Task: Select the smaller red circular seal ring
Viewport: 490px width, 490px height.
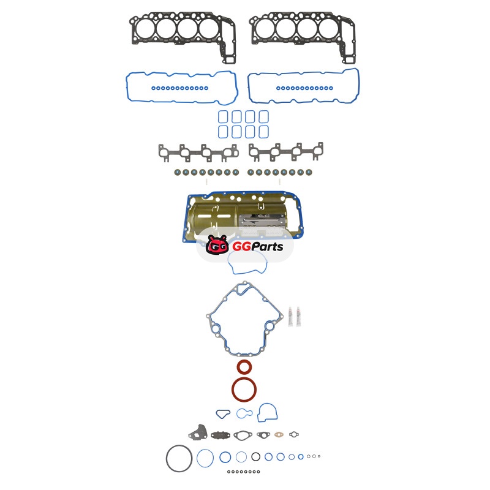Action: [244, 367]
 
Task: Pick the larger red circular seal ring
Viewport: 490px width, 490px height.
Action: [244, 390]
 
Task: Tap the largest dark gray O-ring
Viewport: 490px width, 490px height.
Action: [179, 458]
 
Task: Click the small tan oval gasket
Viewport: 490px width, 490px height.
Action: [279, 434]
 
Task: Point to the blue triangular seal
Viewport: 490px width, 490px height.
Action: [223, 414]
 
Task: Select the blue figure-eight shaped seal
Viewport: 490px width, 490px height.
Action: [244, 413]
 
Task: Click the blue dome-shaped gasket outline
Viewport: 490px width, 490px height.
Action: [268, 412]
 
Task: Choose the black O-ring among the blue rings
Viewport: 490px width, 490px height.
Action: [255, 456]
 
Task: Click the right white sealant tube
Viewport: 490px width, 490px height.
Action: [299, 317]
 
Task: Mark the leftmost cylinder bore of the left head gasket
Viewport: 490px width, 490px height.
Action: [145, 29]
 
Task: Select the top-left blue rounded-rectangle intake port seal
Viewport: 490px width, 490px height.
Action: [223, 117]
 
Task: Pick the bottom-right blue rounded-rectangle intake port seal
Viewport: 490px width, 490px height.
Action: [263, 132]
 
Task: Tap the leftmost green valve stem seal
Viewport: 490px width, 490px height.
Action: [178, 172]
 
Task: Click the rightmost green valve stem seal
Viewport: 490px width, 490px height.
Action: [309, 172]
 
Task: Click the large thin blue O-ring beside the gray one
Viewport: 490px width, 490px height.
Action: [205, 458]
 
